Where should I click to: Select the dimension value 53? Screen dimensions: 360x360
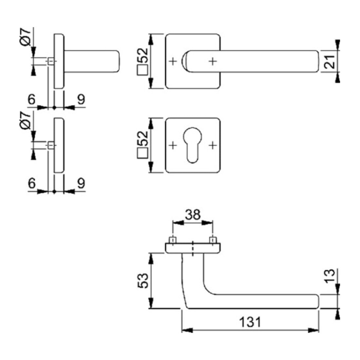pyautogui.click(x=143, y=280)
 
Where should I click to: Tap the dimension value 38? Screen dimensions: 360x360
pyautogui.click(x=193, y=215)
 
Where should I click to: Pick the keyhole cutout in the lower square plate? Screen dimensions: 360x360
pyautogui.click(x=192, y=145)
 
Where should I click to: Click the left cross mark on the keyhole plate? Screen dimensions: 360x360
pyautogui.click(x=173, y=145)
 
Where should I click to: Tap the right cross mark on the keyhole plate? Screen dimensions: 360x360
pyautogui.click(x=213, y=145)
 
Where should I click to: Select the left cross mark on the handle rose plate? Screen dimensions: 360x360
pyautogui.click(x=173, y=61)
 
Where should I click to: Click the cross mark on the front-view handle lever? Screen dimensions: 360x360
pyautogui.click(x=213, y=61)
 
